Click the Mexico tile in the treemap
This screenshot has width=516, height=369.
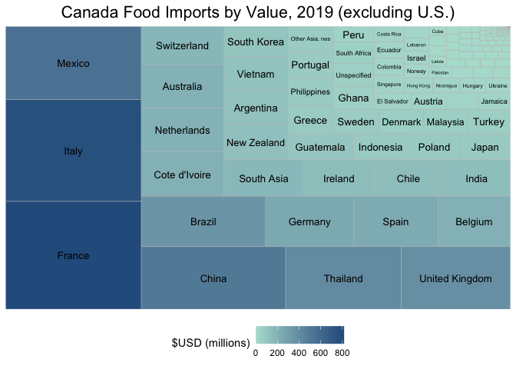pos(74,63)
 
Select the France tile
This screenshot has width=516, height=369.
pos(74,255)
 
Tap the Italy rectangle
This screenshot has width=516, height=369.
pos(74,151)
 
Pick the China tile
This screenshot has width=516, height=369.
pos(213,278)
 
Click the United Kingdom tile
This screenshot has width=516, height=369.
pos(455,278)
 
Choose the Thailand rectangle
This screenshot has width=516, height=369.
pos(343,278)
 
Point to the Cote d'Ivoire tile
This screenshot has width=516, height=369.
pos(182,175)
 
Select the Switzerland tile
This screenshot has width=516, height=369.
pos(182,45)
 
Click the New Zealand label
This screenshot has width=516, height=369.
pos(256,143)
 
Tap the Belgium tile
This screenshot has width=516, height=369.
pos(474,221)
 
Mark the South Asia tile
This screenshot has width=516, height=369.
pos(263,178)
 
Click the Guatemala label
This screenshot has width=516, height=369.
pos(320,147)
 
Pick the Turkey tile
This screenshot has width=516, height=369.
pos(488,121)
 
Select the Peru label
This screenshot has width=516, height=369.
pos(353,35)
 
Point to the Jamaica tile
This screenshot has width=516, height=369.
pos(494,101)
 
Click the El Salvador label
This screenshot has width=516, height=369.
pos(392,101)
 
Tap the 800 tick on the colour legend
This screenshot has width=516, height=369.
pos(342,353)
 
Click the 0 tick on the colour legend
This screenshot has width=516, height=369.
pos(256,353)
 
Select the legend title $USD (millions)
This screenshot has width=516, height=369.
pos(211,342)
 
